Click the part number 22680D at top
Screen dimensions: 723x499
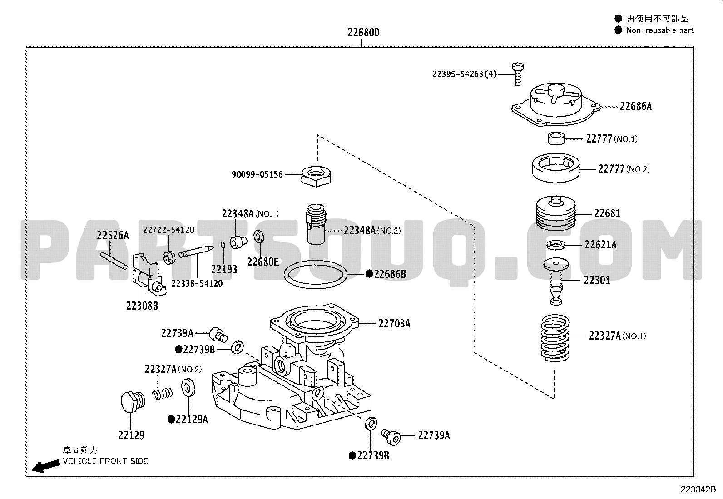363,33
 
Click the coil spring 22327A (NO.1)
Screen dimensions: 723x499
555,338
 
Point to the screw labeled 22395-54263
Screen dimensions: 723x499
518,74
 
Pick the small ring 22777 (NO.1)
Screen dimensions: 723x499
556,139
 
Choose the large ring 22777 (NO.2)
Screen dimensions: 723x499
556,168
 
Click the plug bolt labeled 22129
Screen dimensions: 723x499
133,401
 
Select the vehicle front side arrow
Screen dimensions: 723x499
45,466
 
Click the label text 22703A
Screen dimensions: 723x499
394,323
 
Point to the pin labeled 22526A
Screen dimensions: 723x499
114,261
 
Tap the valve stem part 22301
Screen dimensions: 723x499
556,281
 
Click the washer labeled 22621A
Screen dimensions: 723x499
556,245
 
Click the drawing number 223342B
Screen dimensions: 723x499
698,489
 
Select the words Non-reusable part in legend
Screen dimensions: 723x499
660,30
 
